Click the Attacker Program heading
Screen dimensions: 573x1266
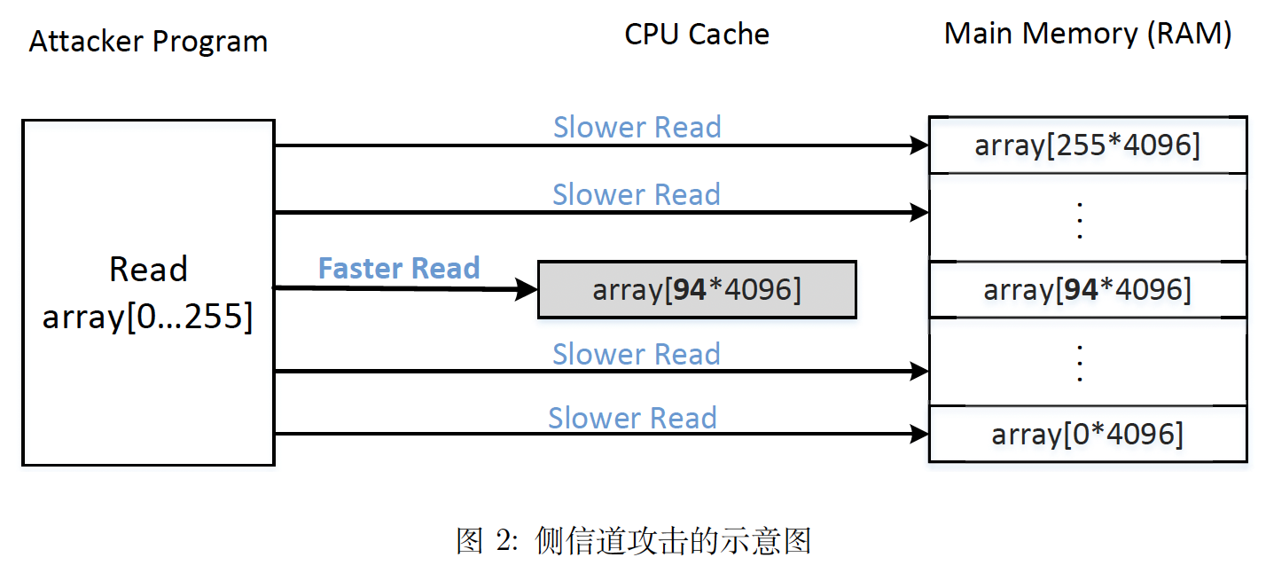[148, 42]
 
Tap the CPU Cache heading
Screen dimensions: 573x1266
[697, 35]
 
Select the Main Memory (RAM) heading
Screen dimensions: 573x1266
[1088, 34]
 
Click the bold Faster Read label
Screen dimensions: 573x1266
[399, 268]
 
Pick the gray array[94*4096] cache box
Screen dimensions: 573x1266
[697, 290]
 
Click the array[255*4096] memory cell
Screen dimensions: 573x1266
[1087, 145]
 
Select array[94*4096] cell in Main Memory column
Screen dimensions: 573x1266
[1087, 289]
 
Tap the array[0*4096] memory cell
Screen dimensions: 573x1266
[1087, 434]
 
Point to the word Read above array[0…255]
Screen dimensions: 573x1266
[148, 269]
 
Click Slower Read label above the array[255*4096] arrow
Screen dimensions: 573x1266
[637, 127]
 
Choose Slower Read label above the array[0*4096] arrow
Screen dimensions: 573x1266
[632, 418]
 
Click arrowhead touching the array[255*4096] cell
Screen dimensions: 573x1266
[920, 145]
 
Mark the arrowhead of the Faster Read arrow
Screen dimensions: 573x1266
[529, 288]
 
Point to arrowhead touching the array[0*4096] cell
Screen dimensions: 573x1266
[920, 434]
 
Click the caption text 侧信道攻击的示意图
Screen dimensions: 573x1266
[674, 540]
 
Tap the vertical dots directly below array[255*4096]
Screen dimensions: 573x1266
[1080, 220]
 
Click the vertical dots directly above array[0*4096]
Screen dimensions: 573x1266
[1080, 362]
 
